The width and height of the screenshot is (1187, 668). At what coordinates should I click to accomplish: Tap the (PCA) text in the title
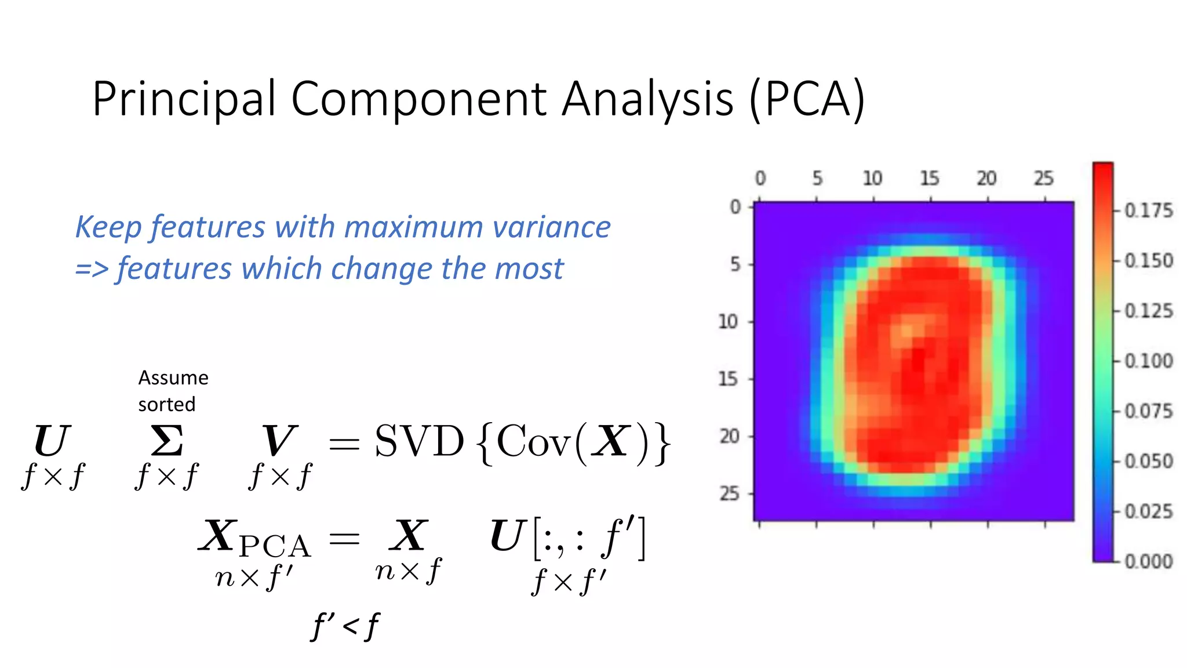pos(807,100)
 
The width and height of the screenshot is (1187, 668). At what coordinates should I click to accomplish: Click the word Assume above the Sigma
pos(173,378)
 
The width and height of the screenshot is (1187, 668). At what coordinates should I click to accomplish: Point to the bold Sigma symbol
pos(167,442)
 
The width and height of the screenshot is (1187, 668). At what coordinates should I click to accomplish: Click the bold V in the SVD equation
pos(279,442)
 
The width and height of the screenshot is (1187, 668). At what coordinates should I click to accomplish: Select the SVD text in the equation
pos(419,442)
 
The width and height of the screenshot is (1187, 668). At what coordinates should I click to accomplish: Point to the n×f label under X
pos(408,571)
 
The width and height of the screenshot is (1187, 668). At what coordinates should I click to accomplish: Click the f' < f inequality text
pos(345,627)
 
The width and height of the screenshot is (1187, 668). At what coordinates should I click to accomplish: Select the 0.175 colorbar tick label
pos(1148,210)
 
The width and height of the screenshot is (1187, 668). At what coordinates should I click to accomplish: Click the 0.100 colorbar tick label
pos(1148,361)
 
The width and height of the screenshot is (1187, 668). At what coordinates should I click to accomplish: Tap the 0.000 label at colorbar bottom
pos(1148,561)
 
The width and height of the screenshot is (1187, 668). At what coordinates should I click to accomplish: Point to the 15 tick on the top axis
pos(930,178)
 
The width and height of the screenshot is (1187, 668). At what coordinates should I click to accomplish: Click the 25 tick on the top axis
pos(1043,178)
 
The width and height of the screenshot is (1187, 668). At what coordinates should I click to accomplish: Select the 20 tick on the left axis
pos(729,436)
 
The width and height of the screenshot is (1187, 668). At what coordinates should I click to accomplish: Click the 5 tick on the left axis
pos(735,264)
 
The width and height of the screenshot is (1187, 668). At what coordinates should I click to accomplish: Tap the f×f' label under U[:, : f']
pos(569,582)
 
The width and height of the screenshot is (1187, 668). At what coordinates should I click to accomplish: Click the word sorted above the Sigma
pos(166,404)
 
